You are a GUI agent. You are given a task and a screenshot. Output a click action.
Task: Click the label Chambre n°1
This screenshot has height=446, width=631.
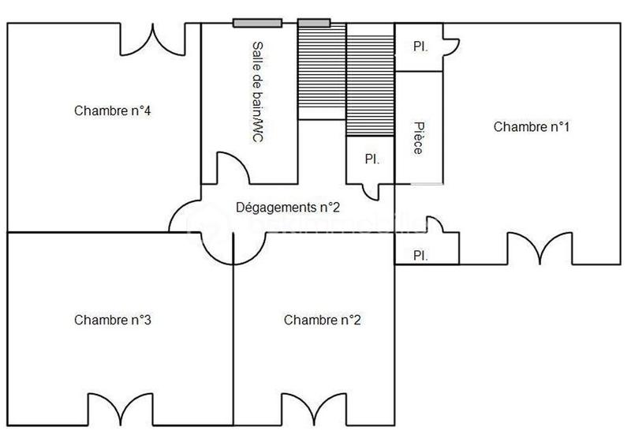531,126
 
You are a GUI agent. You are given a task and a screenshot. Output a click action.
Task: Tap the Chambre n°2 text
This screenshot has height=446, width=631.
323,320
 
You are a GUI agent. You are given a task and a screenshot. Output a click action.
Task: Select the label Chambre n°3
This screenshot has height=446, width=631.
113,320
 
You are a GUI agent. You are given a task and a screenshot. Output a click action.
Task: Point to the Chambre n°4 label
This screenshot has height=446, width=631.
113,111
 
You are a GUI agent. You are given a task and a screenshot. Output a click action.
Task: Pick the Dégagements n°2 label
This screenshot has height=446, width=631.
288,207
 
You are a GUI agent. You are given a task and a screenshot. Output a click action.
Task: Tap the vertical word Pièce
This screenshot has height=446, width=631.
418,137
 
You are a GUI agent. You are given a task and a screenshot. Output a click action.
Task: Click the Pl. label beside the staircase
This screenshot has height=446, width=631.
372,159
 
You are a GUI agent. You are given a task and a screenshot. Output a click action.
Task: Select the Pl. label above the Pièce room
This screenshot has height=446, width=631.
420,47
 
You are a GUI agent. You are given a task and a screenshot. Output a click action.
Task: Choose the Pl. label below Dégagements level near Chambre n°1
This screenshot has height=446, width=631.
420,255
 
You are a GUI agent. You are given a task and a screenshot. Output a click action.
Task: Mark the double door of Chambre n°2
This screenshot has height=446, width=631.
313,410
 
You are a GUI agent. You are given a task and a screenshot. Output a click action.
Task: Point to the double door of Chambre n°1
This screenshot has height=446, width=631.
540,249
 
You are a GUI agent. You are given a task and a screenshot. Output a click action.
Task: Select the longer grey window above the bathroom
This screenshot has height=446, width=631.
257,22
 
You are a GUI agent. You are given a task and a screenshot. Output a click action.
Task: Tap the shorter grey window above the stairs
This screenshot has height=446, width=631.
314,22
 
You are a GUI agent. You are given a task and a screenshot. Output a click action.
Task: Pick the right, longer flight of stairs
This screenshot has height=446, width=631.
370,81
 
